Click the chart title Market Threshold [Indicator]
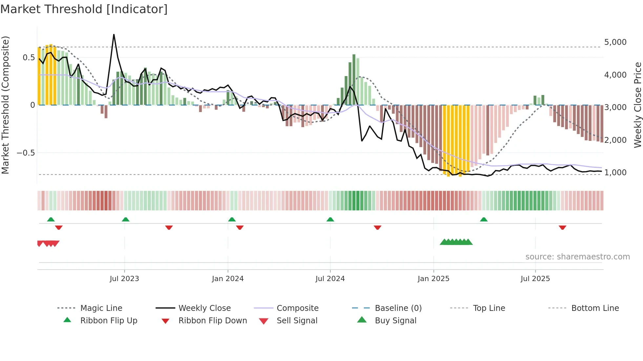point(84,9)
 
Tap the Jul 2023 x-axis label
point(124,279)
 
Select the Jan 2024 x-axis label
point(228,279)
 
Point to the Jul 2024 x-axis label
point(330,279)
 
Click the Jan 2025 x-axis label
point(433,279)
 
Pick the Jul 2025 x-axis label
point(535,279)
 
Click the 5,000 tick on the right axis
point(615,42)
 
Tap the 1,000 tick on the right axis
point(615,173)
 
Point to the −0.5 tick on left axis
point(26,153)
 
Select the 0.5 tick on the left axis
point(29,58)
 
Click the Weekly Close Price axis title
point(637,105)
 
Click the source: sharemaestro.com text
point(577,257)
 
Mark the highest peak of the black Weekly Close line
point(114,34)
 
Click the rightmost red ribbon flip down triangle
point(562,227)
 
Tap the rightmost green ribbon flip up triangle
point(484,219)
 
